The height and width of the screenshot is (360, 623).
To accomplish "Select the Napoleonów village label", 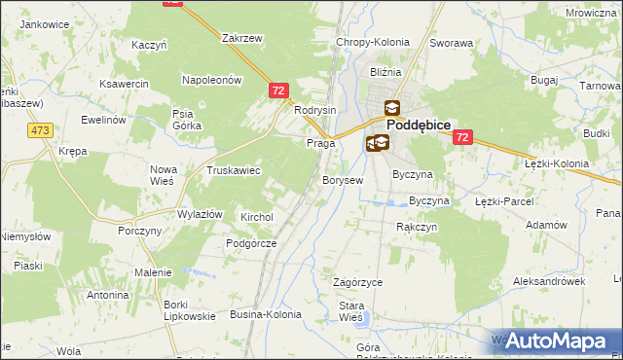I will pyautogui.click(x=211, y=81).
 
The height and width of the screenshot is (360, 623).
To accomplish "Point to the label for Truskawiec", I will pyautogui.click(x=233, y=170).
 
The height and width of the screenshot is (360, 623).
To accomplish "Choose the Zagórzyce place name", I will pyautogui.click(x=357, y=282).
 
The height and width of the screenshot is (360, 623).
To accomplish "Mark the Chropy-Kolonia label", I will pyautogui.click(x=372, y=43).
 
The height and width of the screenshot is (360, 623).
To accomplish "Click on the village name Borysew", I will pyautogui.click(x=343, y=181).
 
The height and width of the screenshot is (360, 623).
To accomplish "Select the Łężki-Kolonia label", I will pyautogui.click(x=557, y=163).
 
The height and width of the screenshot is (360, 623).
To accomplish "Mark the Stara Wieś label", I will pyautogui.click(x=350, y=311).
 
